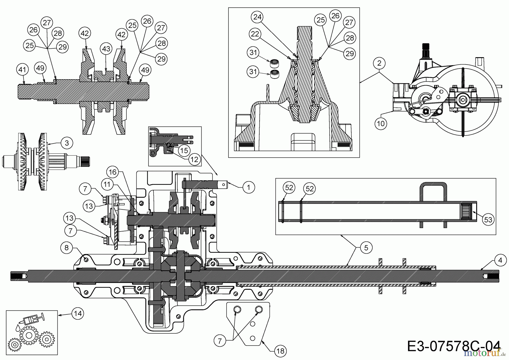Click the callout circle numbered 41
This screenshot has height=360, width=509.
coord(23,69)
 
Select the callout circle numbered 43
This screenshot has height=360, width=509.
coord(106,49)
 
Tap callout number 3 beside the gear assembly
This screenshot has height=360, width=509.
coord(67,143)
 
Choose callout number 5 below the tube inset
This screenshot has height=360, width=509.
coord(366,248)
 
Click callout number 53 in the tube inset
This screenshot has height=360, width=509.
coord(488,220)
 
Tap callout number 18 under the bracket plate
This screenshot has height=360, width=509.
coord(280,351)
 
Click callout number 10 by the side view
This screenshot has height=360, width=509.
coord(381,123)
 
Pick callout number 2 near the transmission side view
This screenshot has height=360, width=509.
coord(379,63)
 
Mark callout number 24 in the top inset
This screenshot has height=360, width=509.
coord(257,17)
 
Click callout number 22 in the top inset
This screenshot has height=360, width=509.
coord(255,34)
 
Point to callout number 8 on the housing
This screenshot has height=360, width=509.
coord(66,248)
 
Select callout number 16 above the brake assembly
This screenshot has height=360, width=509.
coord(112,172)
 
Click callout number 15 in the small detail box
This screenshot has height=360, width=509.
coord(184,150)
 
